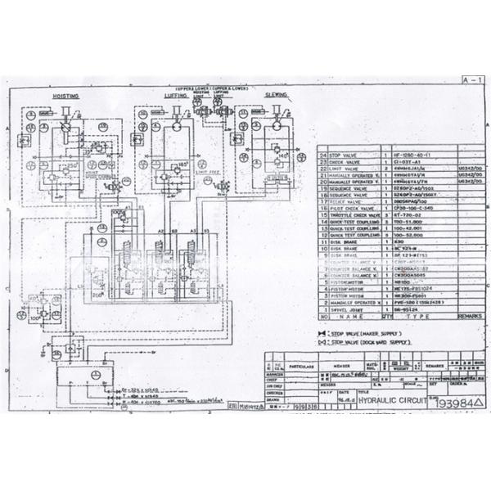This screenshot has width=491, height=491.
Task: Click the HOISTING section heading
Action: click(65, 97)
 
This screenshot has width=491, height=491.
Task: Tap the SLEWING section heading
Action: click(275, 95)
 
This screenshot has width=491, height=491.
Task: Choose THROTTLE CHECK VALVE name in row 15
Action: click(353, 214)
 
